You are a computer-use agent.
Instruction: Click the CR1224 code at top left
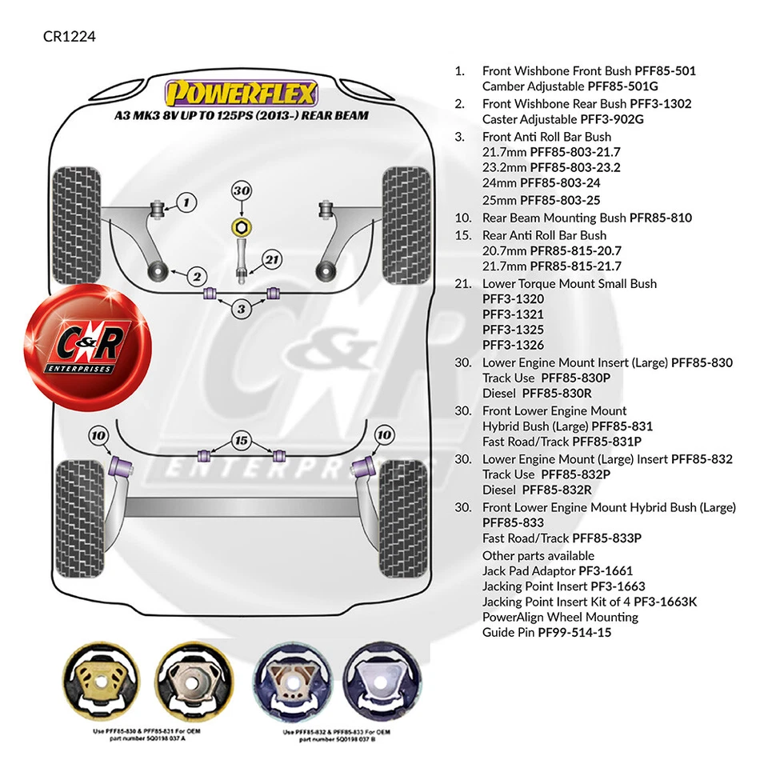point(70,36)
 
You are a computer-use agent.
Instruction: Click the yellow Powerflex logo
point(240,94)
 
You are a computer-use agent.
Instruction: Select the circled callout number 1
point(186,202)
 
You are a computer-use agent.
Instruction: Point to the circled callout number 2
point(197,277)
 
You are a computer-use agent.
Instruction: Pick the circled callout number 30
point(242,191)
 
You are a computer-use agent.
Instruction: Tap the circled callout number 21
point(273,259)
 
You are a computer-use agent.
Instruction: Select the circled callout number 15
point(240,440)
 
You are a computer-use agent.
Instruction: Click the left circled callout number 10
point(98,435)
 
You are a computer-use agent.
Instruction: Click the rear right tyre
point(403,512)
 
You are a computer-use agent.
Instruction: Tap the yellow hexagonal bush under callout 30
point(240,226)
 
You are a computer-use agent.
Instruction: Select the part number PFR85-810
point(660,218)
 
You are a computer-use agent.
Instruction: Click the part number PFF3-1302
point(660,103)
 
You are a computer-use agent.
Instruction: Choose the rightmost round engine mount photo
point(378,679)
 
